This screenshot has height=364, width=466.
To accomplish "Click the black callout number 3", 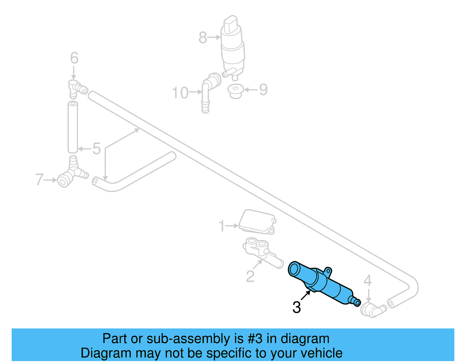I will pos(296,307).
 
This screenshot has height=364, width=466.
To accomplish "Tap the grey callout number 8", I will pos(203,38).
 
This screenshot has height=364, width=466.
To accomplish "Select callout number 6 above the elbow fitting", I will pos(74,58).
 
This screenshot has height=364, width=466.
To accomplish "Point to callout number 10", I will pos(180,93).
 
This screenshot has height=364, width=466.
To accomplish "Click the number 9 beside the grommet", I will pos(263,89).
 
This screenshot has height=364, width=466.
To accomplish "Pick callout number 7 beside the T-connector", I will pos(39,180).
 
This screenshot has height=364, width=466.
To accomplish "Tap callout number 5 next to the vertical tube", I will pos(96,149).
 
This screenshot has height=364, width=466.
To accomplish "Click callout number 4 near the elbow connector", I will pos(368,281).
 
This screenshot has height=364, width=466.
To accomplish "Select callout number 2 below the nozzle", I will pos(250,276).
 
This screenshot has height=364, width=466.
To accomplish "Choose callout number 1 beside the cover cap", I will pos(222,226).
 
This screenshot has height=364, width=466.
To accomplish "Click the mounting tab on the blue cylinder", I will pos(328,271).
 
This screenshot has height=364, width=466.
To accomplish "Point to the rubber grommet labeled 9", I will pos(235,91).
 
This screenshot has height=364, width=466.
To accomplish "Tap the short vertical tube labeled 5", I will pos(73,127).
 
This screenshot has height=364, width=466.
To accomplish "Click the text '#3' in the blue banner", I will pos(255,339).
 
